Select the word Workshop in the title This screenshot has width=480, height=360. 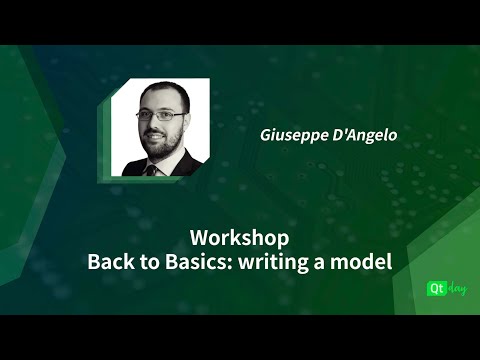pos(239,239)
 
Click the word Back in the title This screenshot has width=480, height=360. pos(108,262)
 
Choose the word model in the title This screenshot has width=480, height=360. pos(362,262)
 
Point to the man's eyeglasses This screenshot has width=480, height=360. pos(159,115)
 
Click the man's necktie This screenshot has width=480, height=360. pos(152,169)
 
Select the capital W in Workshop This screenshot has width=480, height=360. pos(197,239)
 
